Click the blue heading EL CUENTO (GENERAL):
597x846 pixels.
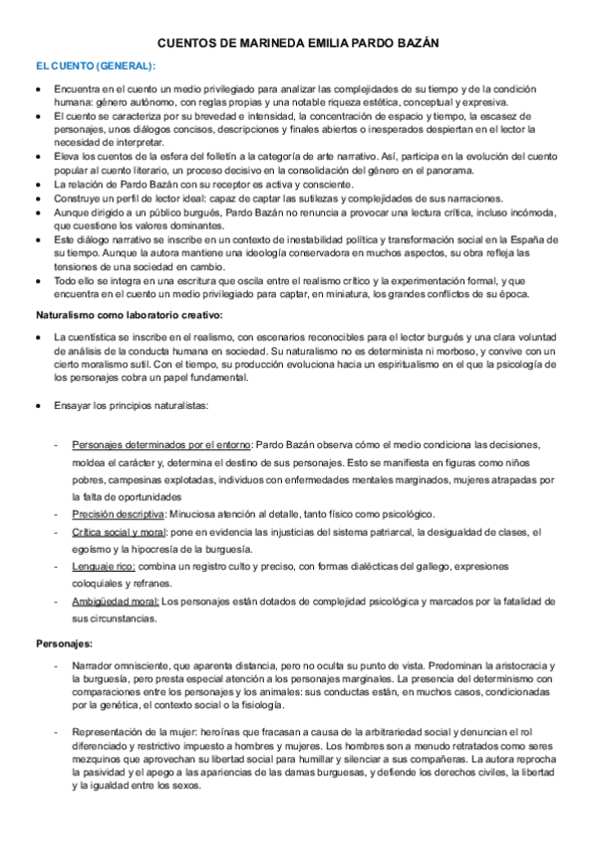(x=96, y=66)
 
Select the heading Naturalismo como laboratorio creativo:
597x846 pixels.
(x=130, y=315)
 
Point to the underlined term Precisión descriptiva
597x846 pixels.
(x=118, y=514)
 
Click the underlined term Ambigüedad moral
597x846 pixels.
(x=116, y=601)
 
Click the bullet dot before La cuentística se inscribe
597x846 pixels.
(x=37, y=338)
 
